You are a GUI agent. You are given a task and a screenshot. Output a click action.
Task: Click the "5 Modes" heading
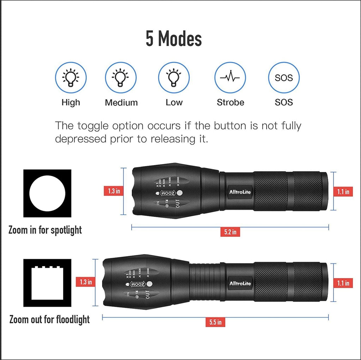(x=174, y=39)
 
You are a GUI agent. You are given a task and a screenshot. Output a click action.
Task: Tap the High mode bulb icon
(x=71, y=78)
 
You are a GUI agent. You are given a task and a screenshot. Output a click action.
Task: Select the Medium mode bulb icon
(x=121, y=78)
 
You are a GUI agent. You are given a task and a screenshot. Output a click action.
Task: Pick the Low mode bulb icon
(x=174, y=78)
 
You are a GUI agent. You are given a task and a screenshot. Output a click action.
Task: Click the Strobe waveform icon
(x=230, y=78)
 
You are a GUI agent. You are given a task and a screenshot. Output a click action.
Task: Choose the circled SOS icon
(x=284, y=78)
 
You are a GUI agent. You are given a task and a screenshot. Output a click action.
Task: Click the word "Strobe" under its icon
(x=230, y=103)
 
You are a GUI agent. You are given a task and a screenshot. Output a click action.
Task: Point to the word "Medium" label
(x=121, y=103)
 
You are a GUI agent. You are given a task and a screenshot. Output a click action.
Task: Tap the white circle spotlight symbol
(x=47, y=193)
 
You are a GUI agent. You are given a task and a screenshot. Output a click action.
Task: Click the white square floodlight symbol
(x=47, y=283)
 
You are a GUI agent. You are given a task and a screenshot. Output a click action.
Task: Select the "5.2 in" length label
(x=230, y=232)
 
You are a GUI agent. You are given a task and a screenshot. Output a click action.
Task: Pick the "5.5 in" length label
(x=215, y=322)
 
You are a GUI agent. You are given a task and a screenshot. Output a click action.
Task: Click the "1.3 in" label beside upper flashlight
(x=114, y=191)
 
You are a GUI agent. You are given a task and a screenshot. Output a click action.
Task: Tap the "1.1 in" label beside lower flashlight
(x=343, y=283)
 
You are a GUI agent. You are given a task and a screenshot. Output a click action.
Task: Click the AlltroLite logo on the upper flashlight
(x=240, y=192)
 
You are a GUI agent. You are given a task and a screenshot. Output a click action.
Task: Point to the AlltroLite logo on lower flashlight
(x=240, y=283)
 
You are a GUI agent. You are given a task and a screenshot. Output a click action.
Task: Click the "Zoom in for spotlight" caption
(x=45, y=231)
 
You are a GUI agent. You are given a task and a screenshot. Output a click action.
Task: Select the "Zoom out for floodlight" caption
(x=49, y=320)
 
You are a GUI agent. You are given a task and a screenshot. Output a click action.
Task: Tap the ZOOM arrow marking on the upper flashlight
(x=168, y=193)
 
